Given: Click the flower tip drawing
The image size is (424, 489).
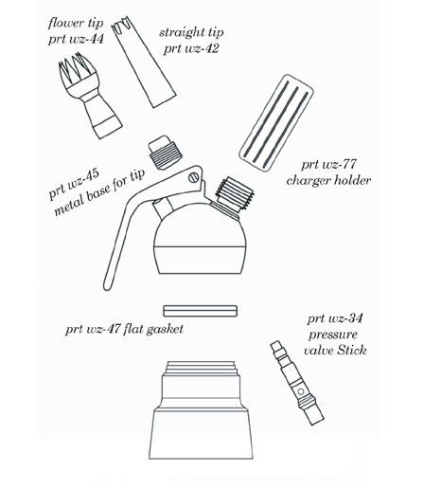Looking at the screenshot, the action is [x=90, y=95].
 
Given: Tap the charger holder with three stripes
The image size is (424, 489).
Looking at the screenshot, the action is [x=276, y=123].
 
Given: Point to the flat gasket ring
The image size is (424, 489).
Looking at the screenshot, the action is [x=200, y=311].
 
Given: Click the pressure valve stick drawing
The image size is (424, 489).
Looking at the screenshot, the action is [x=297, y=383].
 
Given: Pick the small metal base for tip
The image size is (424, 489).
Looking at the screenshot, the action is [x=165, y=154].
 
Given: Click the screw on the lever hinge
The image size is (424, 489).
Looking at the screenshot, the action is [x=194, y=177].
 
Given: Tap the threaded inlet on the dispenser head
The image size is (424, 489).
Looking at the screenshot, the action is [x=234, y=193].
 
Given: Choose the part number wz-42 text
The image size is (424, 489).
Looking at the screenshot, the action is [x=202, y=49].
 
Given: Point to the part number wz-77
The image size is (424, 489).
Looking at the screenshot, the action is [x=339, y=164].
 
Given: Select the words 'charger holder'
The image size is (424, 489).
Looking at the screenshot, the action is [x=328, y=180].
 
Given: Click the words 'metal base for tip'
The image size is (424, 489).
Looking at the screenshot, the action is [x=99, y=192].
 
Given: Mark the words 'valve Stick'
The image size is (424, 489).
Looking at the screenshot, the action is [x=335, y=351].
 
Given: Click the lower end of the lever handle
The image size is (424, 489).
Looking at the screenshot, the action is [x=107, y=286].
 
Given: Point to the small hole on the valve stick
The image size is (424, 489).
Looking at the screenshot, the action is [x=301, y=391].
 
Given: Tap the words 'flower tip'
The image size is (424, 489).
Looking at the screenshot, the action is [x=76, y=23].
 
